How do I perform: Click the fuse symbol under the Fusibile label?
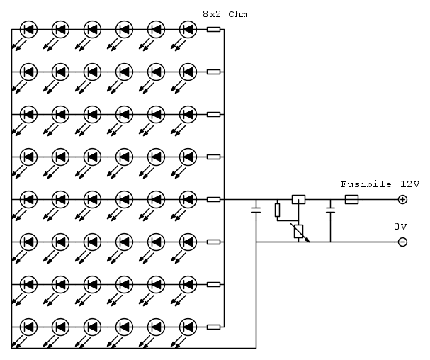pos(351,200)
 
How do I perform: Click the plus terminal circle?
pos(402,200)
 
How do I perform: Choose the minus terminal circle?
pos(402,242)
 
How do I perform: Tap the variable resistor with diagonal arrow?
pos(298,230)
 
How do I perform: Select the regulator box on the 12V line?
pos(299,200)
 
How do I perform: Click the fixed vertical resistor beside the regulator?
pos(277,210)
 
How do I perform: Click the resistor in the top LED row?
pos(213,30)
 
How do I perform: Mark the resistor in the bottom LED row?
pos(213,327)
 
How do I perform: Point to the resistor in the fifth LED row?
pos(213,200)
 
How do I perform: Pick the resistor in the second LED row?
pos(213,72)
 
